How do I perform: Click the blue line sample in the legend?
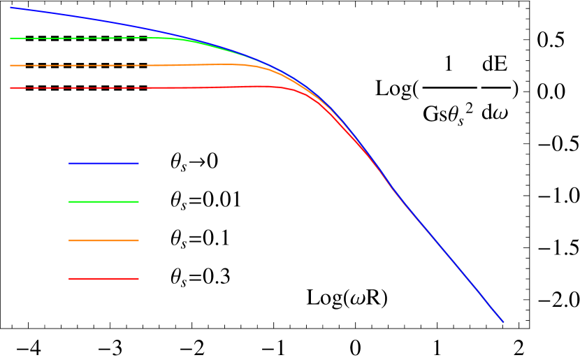(103, 164)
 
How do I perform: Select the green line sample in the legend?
(103, 202)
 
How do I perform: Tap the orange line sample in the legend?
(103, 240)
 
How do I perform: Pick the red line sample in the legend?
(103, 279)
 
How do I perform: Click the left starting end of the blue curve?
(10, 8)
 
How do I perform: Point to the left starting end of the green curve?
(10, 39)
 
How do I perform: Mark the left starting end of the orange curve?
(10, 66)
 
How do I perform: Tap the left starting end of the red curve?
(10, 88)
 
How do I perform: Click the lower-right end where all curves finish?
(503, 322)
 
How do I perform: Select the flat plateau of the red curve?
(140, 88)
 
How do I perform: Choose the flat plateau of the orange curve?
(126, 66)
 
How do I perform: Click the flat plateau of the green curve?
(91, 38)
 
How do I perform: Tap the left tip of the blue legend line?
(69, 164)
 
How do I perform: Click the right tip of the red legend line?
(138, 279)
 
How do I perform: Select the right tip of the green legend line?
(138, 202)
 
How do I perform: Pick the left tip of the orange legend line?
(69, 240)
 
